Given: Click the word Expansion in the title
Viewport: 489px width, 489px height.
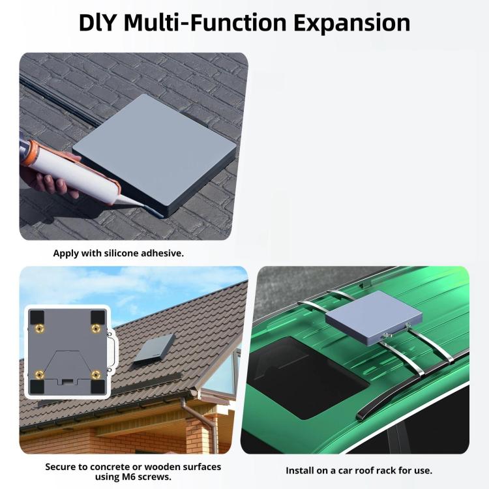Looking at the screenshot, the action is tap(352, 23).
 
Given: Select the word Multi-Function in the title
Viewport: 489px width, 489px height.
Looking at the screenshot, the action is tap(205, 23).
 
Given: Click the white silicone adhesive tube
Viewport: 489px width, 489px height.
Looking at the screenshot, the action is tap(75, 173).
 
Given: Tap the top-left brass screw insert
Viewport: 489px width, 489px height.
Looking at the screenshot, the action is tap(40, 328).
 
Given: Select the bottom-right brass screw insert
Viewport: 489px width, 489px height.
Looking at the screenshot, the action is tap(96, 375).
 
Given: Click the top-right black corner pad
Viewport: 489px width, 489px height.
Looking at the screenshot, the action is tap(98, 317).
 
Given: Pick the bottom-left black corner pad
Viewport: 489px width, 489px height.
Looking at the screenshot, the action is tap(37, 387).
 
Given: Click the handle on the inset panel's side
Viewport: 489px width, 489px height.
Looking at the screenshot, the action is tap(113, 351).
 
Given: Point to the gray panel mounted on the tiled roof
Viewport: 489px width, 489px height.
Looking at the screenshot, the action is tap(154, 348).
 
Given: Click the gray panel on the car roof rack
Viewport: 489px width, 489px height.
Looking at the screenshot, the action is tap(374, 318).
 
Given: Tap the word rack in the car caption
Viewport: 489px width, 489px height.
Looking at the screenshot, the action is tap(386, 471).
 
